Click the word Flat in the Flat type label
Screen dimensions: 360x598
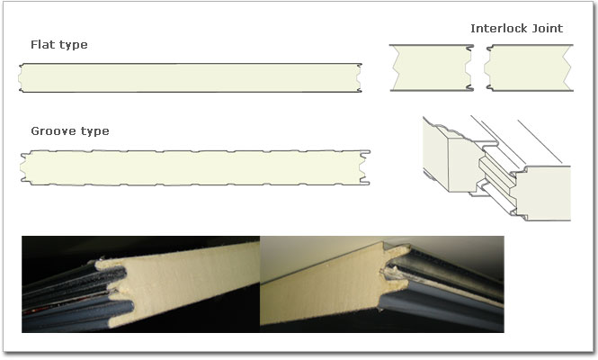(43, 45)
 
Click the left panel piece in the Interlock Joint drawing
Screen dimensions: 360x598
(430, 67)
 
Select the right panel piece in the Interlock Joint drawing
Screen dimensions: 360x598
(526, 67)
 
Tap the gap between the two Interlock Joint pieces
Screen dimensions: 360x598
(478, 67)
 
